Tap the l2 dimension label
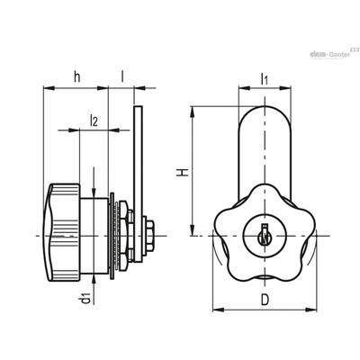[x=94, y=121]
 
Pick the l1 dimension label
[x=264, y=79]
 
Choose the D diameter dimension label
[x=265, y=299]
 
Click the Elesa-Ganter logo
[x=334, y=53]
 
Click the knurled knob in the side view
[x=62, y=232]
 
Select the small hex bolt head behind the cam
[x=149, y=235]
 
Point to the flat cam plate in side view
[x=138, y=184]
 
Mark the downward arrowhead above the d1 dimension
[x=94, y=193]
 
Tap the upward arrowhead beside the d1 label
[x=94, y=279]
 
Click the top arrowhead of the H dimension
[x=193, y=112]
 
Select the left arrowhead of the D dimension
[x=219, y=310]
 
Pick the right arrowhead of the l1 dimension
[x=285, y=88]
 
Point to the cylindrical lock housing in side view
[x=94, y=236]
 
